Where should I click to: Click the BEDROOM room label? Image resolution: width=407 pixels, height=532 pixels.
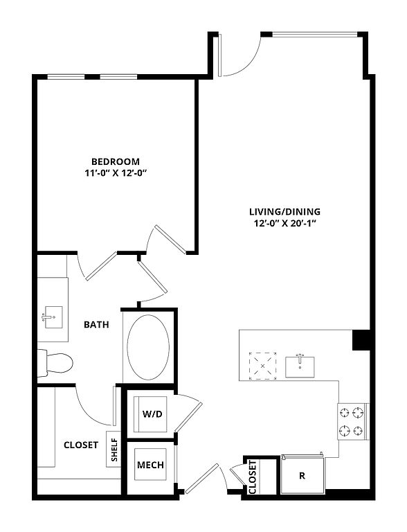pyautogui.click(x=116, y=161)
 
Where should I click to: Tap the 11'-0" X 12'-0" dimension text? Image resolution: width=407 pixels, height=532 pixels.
pyautogui.click(x=116, y=173)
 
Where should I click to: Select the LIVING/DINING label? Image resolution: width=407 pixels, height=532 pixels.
pyautogui.click(x=285, y=212)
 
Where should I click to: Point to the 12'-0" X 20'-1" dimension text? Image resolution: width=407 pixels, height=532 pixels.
pyautogui.click(x=285, y=224)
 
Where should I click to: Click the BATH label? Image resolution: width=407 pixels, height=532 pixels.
pyautogui.click(x=97, y=325)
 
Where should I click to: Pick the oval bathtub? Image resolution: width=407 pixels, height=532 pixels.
pyautogui.click(x=148, y=347)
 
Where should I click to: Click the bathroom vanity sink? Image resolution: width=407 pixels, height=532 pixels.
pyautogui.click(x=53, y=317)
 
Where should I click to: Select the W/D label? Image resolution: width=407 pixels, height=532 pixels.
pyautogui.click(x=152, y=414)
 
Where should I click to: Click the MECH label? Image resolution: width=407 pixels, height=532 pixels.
pyautogui.click(x=151, y=465)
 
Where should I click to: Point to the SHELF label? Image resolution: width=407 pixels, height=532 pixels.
pyautogui.click(x=114, y=450)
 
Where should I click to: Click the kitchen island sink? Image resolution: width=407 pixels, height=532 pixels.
pyautogui.click(x=300, y=366)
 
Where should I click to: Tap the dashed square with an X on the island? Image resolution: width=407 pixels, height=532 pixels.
pyautogui.click(x=263, y=366)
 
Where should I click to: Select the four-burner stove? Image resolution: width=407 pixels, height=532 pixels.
pyautogui.click(x=353, y=422)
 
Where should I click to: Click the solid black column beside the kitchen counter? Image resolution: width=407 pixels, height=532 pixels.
pyautogui.click(x=361, y=340)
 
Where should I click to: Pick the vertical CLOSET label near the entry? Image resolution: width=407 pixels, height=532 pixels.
pyautogui.click(x=253, y=477)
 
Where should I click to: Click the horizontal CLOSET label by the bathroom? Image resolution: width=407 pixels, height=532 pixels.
pyautogui.click(x=81, y=445)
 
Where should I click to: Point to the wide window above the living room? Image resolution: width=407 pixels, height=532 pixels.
pyautogui.click(x=315, y=34)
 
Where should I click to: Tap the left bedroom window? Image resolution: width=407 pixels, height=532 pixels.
pyautogui.click(x=66, y=77)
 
